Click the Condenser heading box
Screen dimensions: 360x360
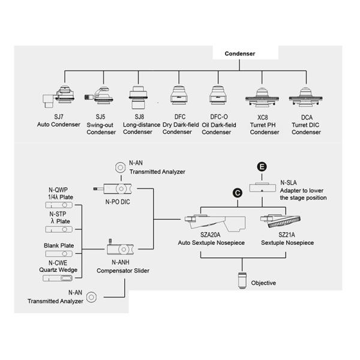tap(240, 54)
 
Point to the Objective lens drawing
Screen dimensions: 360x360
tap(241, 280)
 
